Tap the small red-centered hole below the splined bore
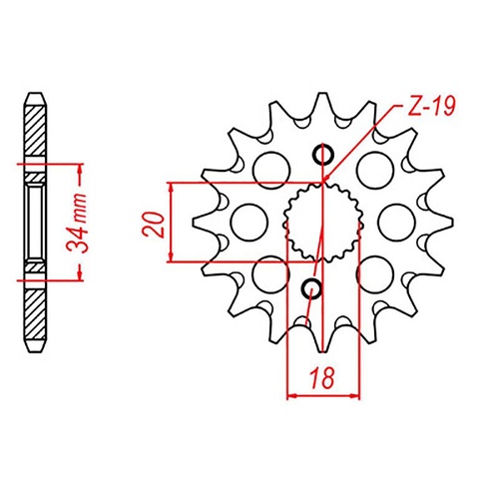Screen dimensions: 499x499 [x=311, y=289]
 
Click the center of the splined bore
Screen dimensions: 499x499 [x=319, y=222]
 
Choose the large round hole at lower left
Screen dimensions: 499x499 [x=266, y=269]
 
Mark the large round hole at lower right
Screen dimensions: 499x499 [x=372, y=271]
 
